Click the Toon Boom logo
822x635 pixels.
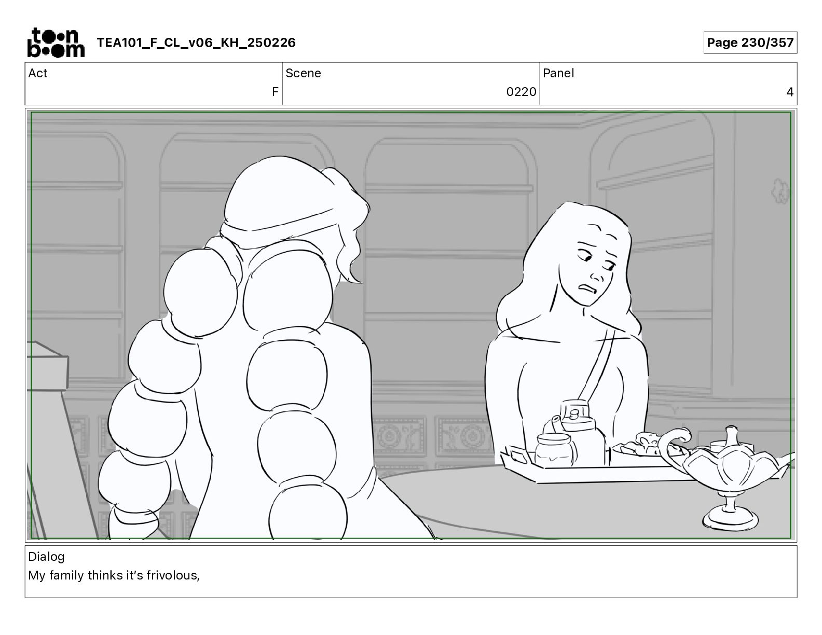pyautogui.click(x=56, y=43)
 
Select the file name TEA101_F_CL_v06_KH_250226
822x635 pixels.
pyautogui.click(x=196, y=43)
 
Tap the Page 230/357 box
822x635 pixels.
pyautogui.click(x=750, y=43)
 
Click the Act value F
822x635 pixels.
pyautogui.click(x=275, y=92)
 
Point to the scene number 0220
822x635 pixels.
pyautogui.click(x=521, y=92)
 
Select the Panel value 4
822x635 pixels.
pyautogui.click(x=790, y=92)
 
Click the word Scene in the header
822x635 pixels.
pyautogui.click(x=303, y=73)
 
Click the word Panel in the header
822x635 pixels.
pyautogui.click(x=558, y=73)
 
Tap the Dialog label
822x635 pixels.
pyautogui.click(x=46, y=557)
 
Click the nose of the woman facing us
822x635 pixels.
pyautogui.click(x=597, y=275)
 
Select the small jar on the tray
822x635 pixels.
pyautogui.click(x=555, y=450)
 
